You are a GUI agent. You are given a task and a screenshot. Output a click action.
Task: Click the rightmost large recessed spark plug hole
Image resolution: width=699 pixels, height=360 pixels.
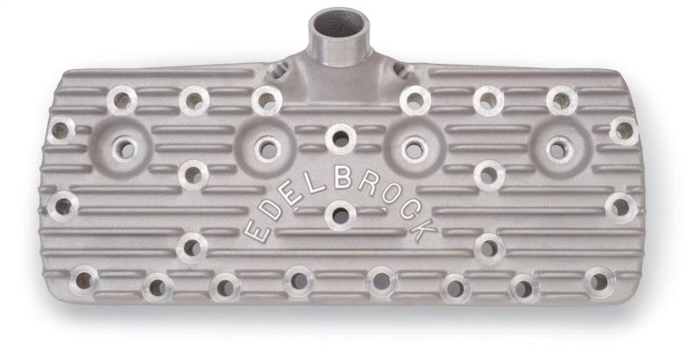(x=557, y=149)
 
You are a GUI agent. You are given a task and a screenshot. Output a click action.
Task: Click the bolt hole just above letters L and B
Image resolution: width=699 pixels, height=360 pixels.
(x=340, y=138)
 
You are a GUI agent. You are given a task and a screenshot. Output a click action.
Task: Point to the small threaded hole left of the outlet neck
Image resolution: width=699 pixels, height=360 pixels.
(x=278, y=69)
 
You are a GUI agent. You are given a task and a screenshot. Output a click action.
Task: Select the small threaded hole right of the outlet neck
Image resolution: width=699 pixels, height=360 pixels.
(x=400, y=69)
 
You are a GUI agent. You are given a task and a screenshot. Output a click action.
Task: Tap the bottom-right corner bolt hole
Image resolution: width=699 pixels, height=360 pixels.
(x=599, y=281)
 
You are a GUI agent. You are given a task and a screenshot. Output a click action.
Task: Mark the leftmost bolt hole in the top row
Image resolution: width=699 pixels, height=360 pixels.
(x=121, y=100)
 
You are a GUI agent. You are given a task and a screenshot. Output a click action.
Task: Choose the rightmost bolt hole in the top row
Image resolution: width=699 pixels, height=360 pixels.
(x=561, y=100)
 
